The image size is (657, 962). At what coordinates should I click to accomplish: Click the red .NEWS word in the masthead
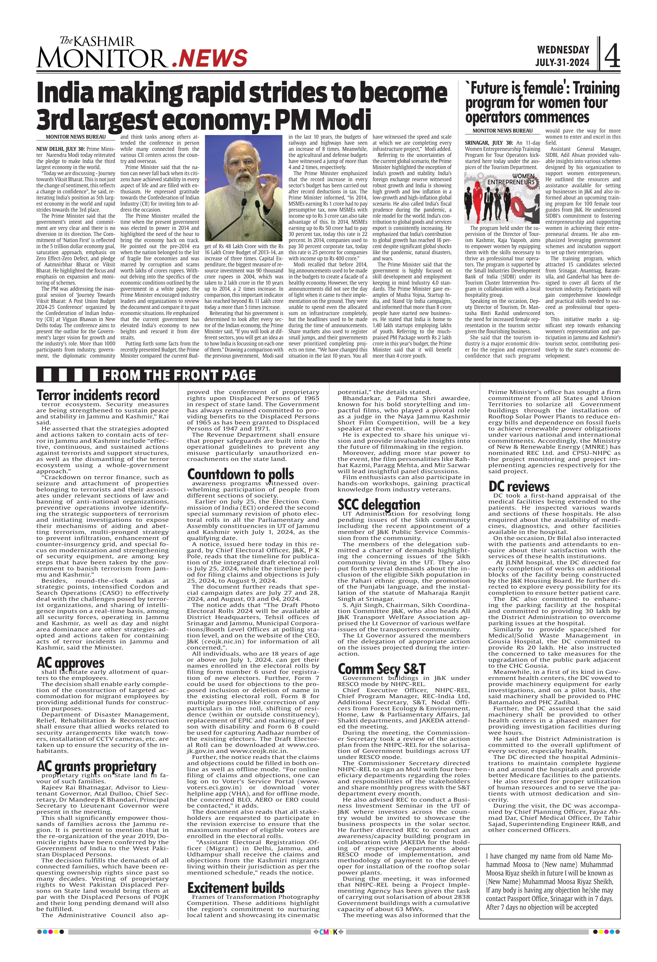click(x=210, y=58)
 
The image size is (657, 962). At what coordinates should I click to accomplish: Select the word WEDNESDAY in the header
click(x=563, y=50)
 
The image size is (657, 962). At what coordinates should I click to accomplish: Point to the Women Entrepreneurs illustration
click(x=502, y=198)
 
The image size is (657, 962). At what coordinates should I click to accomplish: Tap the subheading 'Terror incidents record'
click(x=98, y=395)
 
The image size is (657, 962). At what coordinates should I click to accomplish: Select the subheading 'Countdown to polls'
click(x=240, y=474)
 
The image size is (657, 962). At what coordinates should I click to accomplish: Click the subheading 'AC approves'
click(x=70, y=663)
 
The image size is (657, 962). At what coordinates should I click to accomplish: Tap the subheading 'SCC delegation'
click(x=379, y=504)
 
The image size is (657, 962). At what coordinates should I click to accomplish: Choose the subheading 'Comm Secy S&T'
click(x=381, y=669)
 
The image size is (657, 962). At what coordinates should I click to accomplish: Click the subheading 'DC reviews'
click(x=519, y=486)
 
